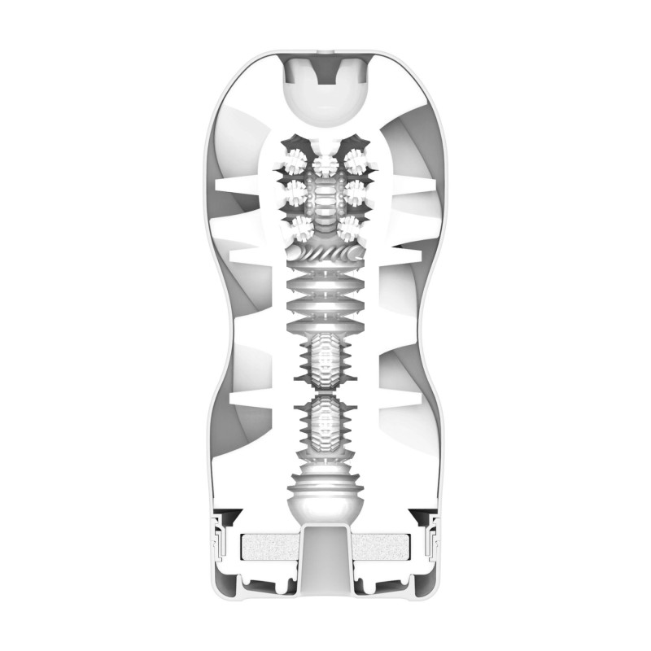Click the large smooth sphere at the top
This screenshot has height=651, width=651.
[x=325, y=96]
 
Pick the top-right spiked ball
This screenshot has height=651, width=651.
[x=356, y=156]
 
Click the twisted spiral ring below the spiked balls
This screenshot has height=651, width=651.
[x=325, y=262]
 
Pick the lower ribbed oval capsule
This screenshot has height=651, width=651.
[x=325, y=423]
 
